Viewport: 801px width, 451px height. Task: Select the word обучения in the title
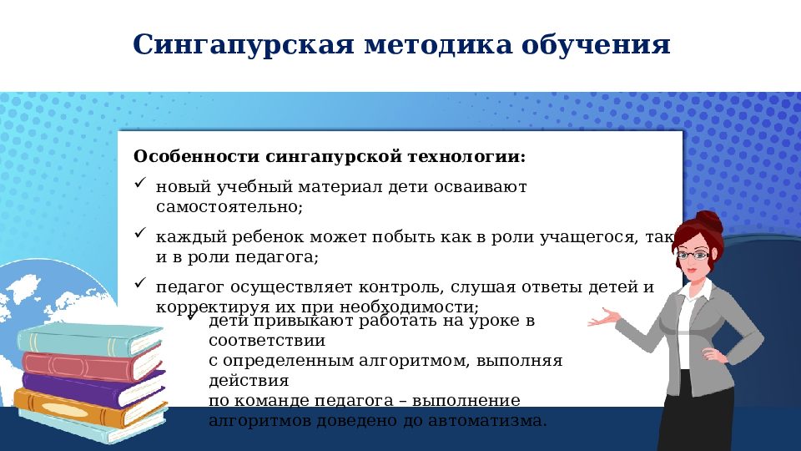pyautogui.click(x=596, y=45)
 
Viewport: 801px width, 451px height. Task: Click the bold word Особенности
pyautogui.click(x=196, y=157)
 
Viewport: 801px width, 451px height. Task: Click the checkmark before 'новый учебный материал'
pyautogui.click(x=139, y=182)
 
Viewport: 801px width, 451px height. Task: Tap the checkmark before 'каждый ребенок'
pyautogui.click(x=139, y=233)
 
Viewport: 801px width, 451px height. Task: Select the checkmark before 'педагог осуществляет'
pyautogui.click(x=139, y=283)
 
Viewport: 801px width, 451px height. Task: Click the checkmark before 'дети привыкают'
pyautogui.click(x=192, y=316)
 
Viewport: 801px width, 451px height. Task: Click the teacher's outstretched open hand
pyautogui.click(x=602, y=318)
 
